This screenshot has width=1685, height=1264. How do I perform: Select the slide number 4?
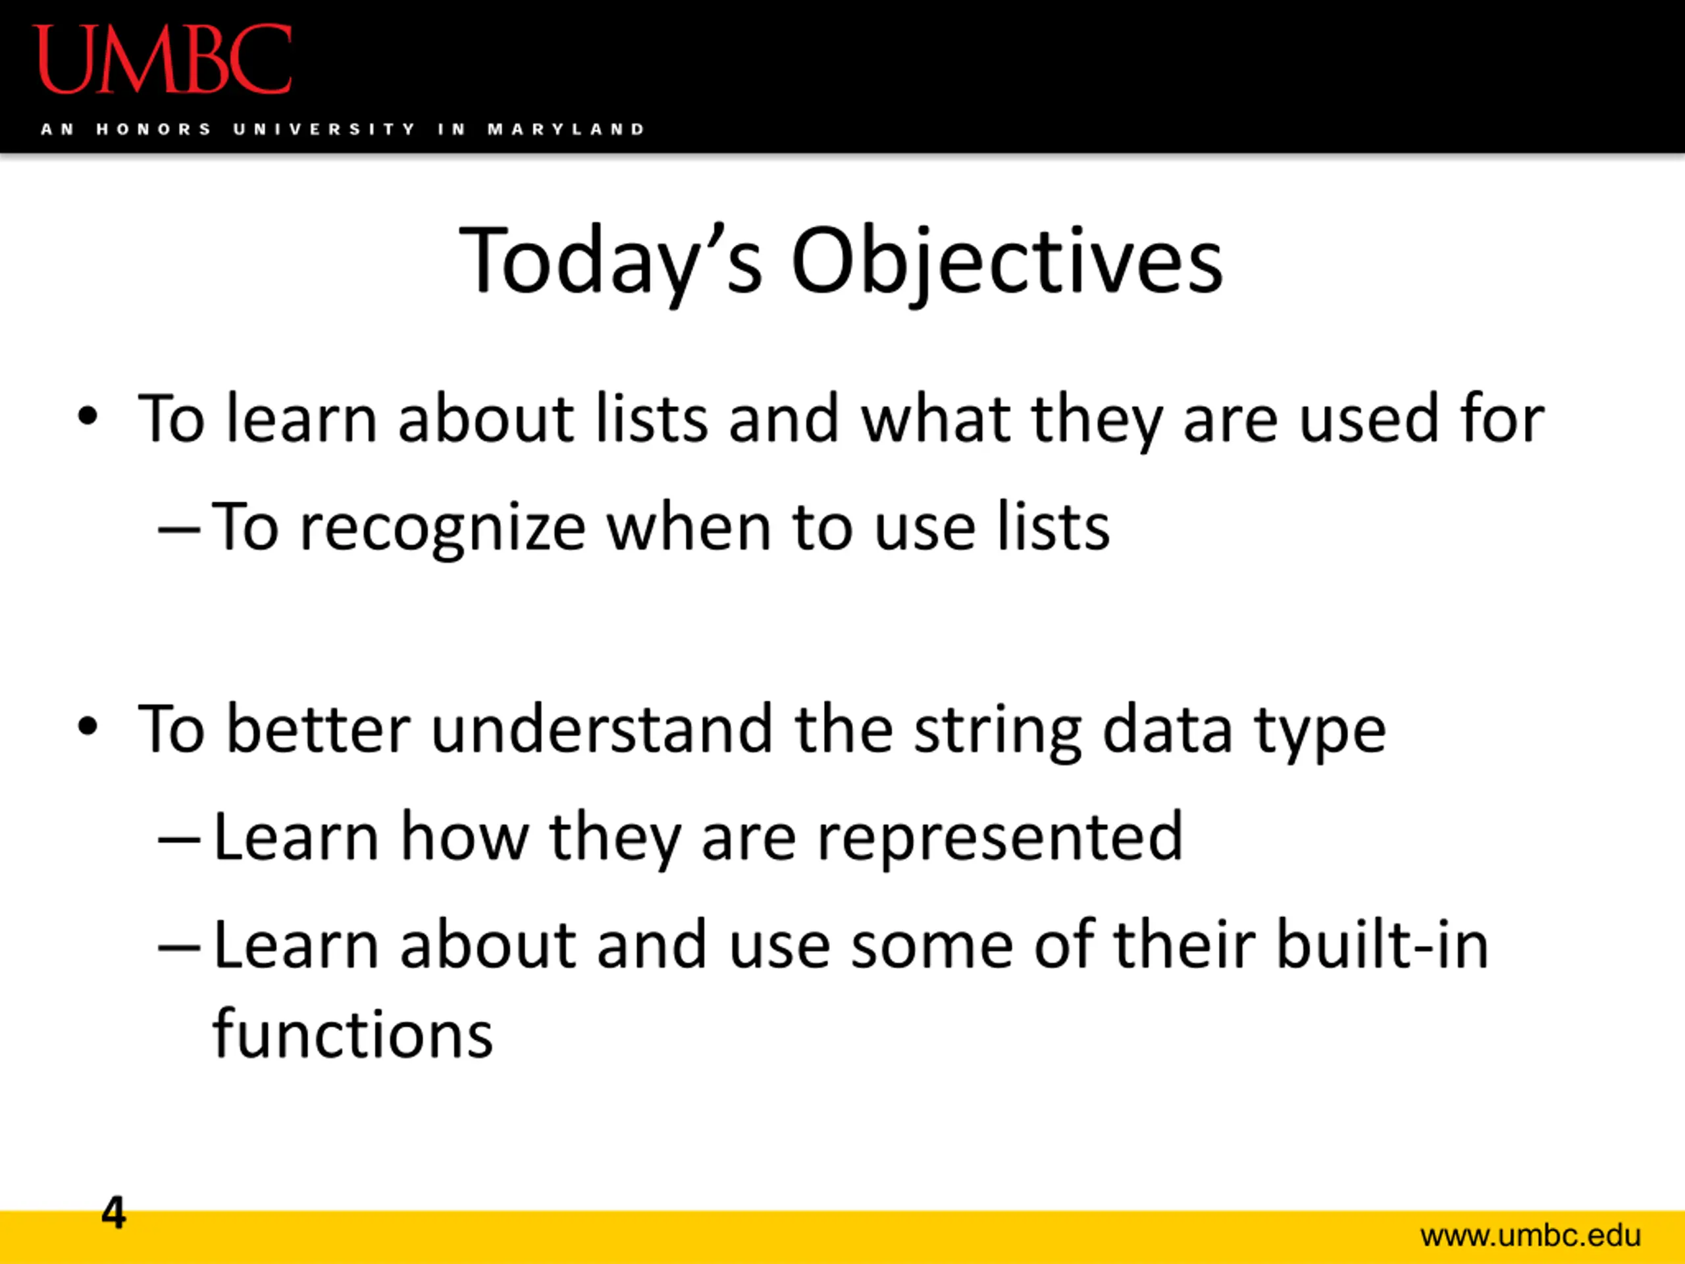tap(113, 1212)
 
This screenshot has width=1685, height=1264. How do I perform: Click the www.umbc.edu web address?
tap(1530, 1236)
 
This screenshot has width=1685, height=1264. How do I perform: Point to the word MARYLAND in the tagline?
tap(566, 130)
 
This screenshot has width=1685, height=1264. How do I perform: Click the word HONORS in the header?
tap(153, 130)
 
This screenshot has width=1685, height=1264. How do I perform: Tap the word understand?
tap(602, 729)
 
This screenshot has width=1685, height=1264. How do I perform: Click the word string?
tap(998, 732)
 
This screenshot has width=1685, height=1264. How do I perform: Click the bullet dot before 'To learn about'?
tap(88, 417)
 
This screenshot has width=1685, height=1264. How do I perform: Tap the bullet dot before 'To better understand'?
tap(88, 727)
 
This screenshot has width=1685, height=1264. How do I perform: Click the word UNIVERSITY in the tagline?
tap(324, 130)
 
